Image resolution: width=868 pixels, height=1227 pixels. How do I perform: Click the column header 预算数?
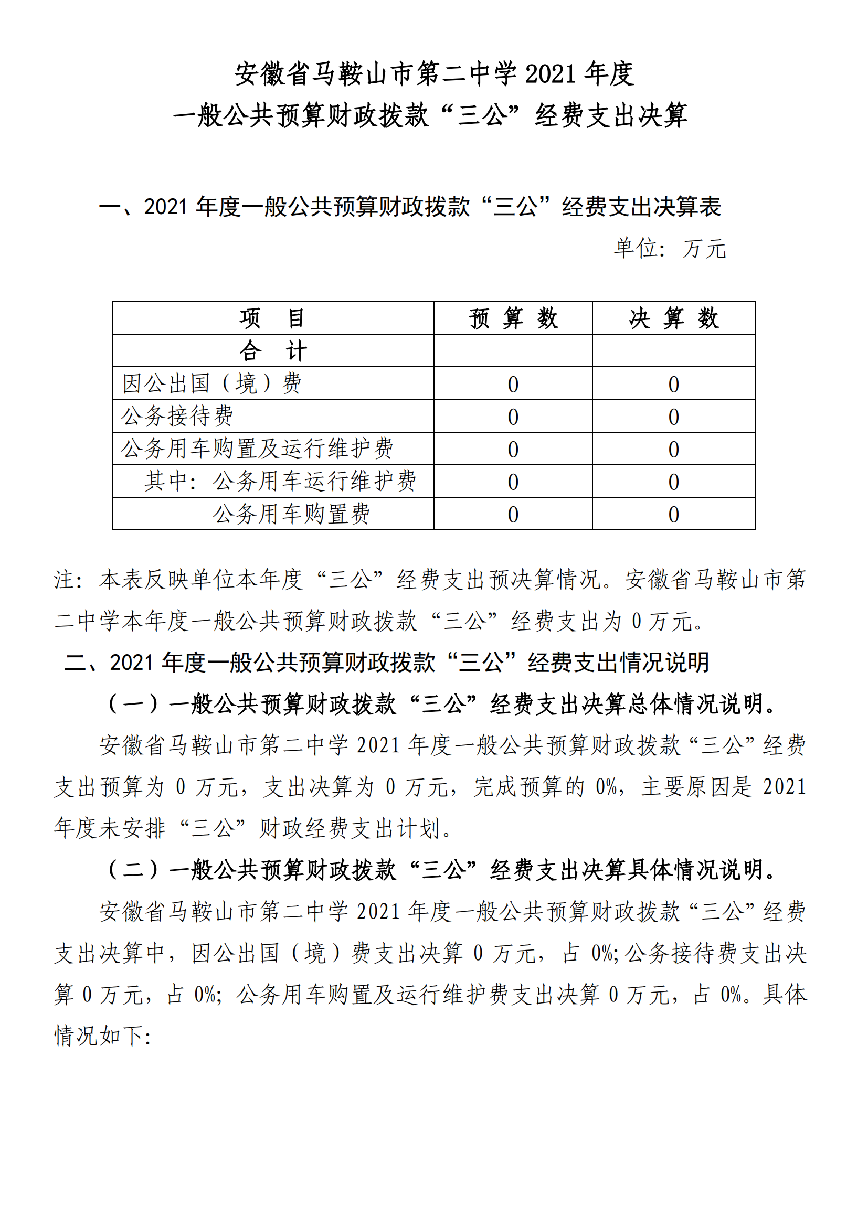tap(513, 318)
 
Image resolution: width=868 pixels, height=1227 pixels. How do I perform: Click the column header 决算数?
tap(673, 318)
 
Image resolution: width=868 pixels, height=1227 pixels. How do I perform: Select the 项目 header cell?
tap(272, 318)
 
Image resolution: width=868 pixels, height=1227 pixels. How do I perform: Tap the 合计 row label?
tap(272, 351)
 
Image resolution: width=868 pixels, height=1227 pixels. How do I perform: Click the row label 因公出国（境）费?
tap(211, 383)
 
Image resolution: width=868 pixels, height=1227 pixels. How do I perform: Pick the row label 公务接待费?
tap(177, 417)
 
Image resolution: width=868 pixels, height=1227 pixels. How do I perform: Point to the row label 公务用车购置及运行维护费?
tap(257, 449)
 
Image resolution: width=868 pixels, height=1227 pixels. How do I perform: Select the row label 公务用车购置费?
tap(291, 514)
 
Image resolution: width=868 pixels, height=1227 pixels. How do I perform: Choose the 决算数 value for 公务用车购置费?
tap(673, 515)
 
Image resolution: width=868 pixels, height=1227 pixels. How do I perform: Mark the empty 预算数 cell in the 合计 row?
tap(513, 351)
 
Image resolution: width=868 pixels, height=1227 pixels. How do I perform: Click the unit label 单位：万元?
tap(670, 249)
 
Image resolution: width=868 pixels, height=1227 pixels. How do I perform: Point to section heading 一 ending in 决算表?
tap(410, 207)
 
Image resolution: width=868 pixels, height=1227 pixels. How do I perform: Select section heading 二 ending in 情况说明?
tap(386, 662)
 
